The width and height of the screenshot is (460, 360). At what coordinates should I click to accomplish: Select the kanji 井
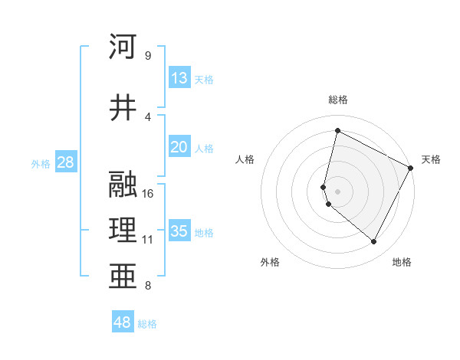123,107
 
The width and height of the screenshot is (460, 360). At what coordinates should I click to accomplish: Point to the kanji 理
123,229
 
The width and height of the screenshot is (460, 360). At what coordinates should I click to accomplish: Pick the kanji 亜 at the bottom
123,274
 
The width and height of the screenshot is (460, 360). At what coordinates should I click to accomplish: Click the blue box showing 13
179,78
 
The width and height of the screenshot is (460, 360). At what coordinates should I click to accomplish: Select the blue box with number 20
179,148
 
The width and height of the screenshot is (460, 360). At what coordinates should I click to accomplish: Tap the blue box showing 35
179,231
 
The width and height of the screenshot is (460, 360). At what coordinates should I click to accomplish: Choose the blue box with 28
65,162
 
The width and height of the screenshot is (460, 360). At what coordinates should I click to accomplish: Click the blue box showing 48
122,322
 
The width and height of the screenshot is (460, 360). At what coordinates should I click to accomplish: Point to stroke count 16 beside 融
149,193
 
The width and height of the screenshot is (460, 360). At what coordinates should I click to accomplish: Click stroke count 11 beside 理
148,240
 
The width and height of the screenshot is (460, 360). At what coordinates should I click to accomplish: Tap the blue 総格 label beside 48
147,324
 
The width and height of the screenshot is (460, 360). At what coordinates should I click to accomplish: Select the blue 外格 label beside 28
40,164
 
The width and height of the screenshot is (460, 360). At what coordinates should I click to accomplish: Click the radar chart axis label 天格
431,159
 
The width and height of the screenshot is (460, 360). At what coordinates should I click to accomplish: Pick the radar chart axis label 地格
402,262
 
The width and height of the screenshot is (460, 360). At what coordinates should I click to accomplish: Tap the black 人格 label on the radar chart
245,159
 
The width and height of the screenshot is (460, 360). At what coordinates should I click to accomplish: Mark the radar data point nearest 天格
411,168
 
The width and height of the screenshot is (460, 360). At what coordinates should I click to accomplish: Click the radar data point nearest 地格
374,242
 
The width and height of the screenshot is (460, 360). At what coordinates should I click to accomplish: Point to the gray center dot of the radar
337,191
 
